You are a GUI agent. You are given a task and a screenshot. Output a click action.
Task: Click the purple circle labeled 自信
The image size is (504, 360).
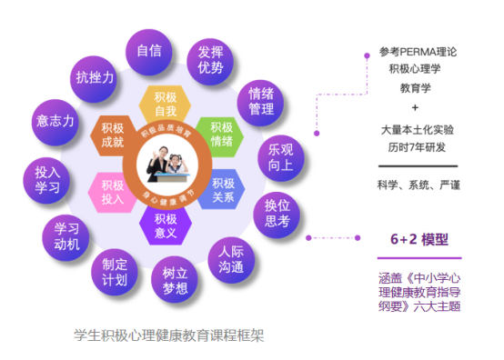149,52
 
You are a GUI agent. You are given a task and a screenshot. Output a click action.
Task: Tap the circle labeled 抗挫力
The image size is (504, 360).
95,78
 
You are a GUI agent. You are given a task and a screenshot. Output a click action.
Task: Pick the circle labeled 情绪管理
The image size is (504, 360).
261,100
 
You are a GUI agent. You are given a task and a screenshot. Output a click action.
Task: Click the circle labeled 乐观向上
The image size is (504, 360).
280,155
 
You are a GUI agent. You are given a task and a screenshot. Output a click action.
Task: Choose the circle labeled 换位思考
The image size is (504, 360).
277,212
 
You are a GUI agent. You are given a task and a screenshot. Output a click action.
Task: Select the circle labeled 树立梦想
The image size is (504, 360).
175,280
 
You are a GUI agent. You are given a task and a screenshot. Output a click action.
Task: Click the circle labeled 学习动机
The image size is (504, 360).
66,235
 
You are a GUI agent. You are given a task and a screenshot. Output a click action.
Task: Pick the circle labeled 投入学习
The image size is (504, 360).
47,178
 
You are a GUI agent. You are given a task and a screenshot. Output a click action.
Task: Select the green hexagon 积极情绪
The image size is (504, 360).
221,134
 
